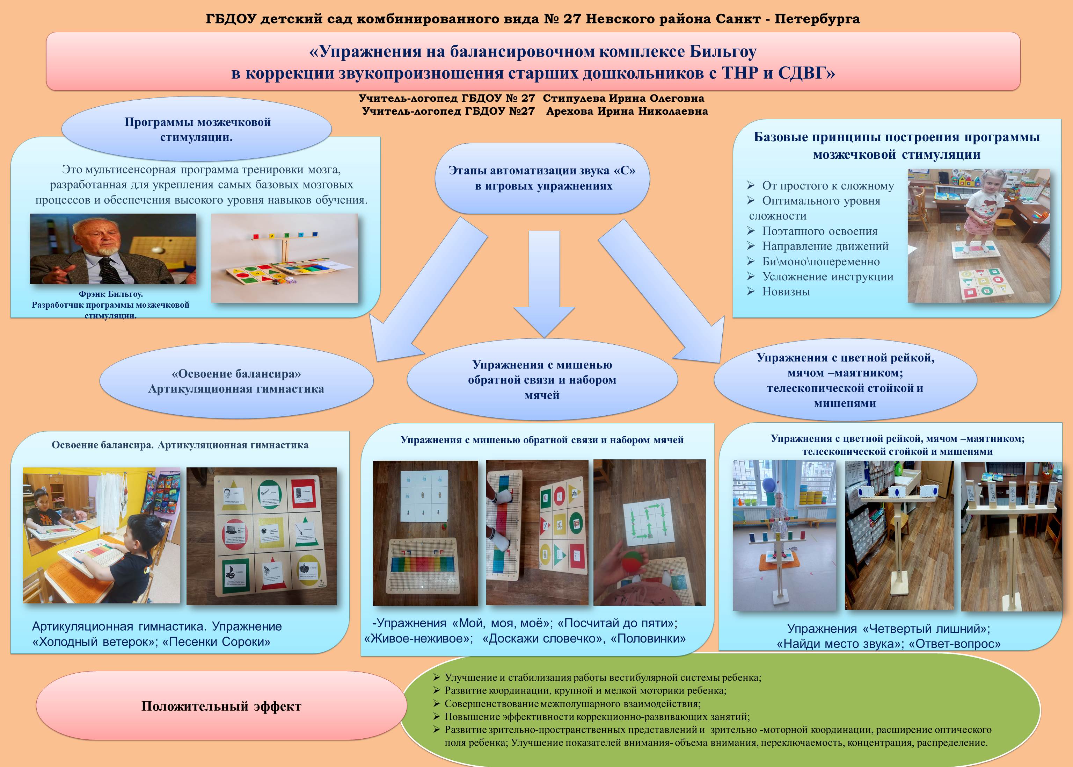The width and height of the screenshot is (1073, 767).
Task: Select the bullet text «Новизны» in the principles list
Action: (786, 292)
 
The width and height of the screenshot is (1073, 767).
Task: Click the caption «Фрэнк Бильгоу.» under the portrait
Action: (110, 294)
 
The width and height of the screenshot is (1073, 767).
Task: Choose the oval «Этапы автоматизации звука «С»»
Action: (542, 178)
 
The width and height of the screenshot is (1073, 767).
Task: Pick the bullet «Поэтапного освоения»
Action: (820, 231)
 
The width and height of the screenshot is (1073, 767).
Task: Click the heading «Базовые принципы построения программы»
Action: (897, 137)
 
